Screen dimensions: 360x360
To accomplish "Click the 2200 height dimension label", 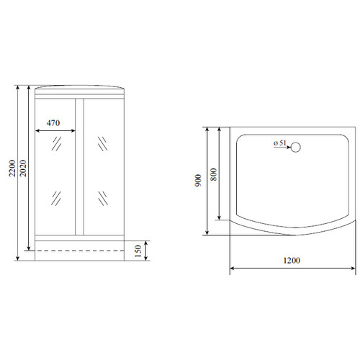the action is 12,168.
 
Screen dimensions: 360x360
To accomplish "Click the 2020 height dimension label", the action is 23,168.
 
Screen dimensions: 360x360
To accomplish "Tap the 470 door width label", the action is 53,123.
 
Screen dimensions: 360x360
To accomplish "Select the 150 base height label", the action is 138,251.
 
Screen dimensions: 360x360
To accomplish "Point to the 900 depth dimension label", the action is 198,181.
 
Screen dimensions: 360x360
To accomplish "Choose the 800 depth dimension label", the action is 213,174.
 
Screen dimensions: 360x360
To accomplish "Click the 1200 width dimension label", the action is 292,261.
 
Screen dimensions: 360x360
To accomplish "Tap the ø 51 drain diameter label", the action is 280,143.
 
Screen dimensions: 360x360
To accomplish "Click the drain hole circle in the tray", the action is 296,147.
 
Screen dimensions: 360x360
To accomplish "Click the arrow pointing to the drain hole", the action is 282,147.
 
